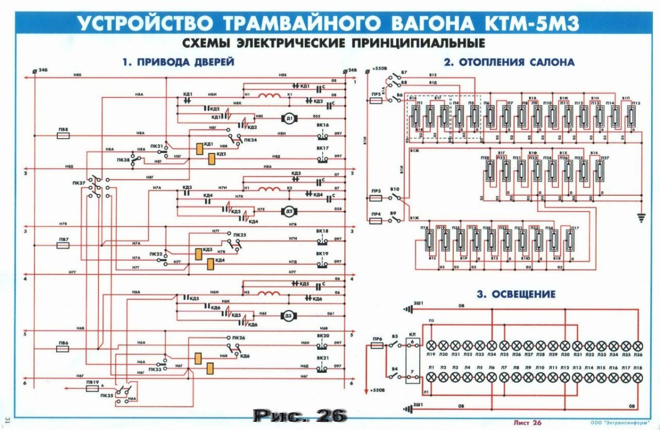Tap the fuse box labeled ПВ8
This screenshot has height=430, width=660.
tap(63, 135)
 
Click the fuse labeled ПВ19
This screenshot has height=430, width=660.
tap(92, 388)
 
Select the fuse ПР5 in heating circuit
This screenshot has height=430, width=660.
tap(377, 102)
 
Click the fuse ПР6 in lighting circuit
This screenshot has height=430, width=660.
tap(377, 346)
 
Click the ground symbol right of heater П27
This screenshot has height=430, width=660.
tap(639, 218)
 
